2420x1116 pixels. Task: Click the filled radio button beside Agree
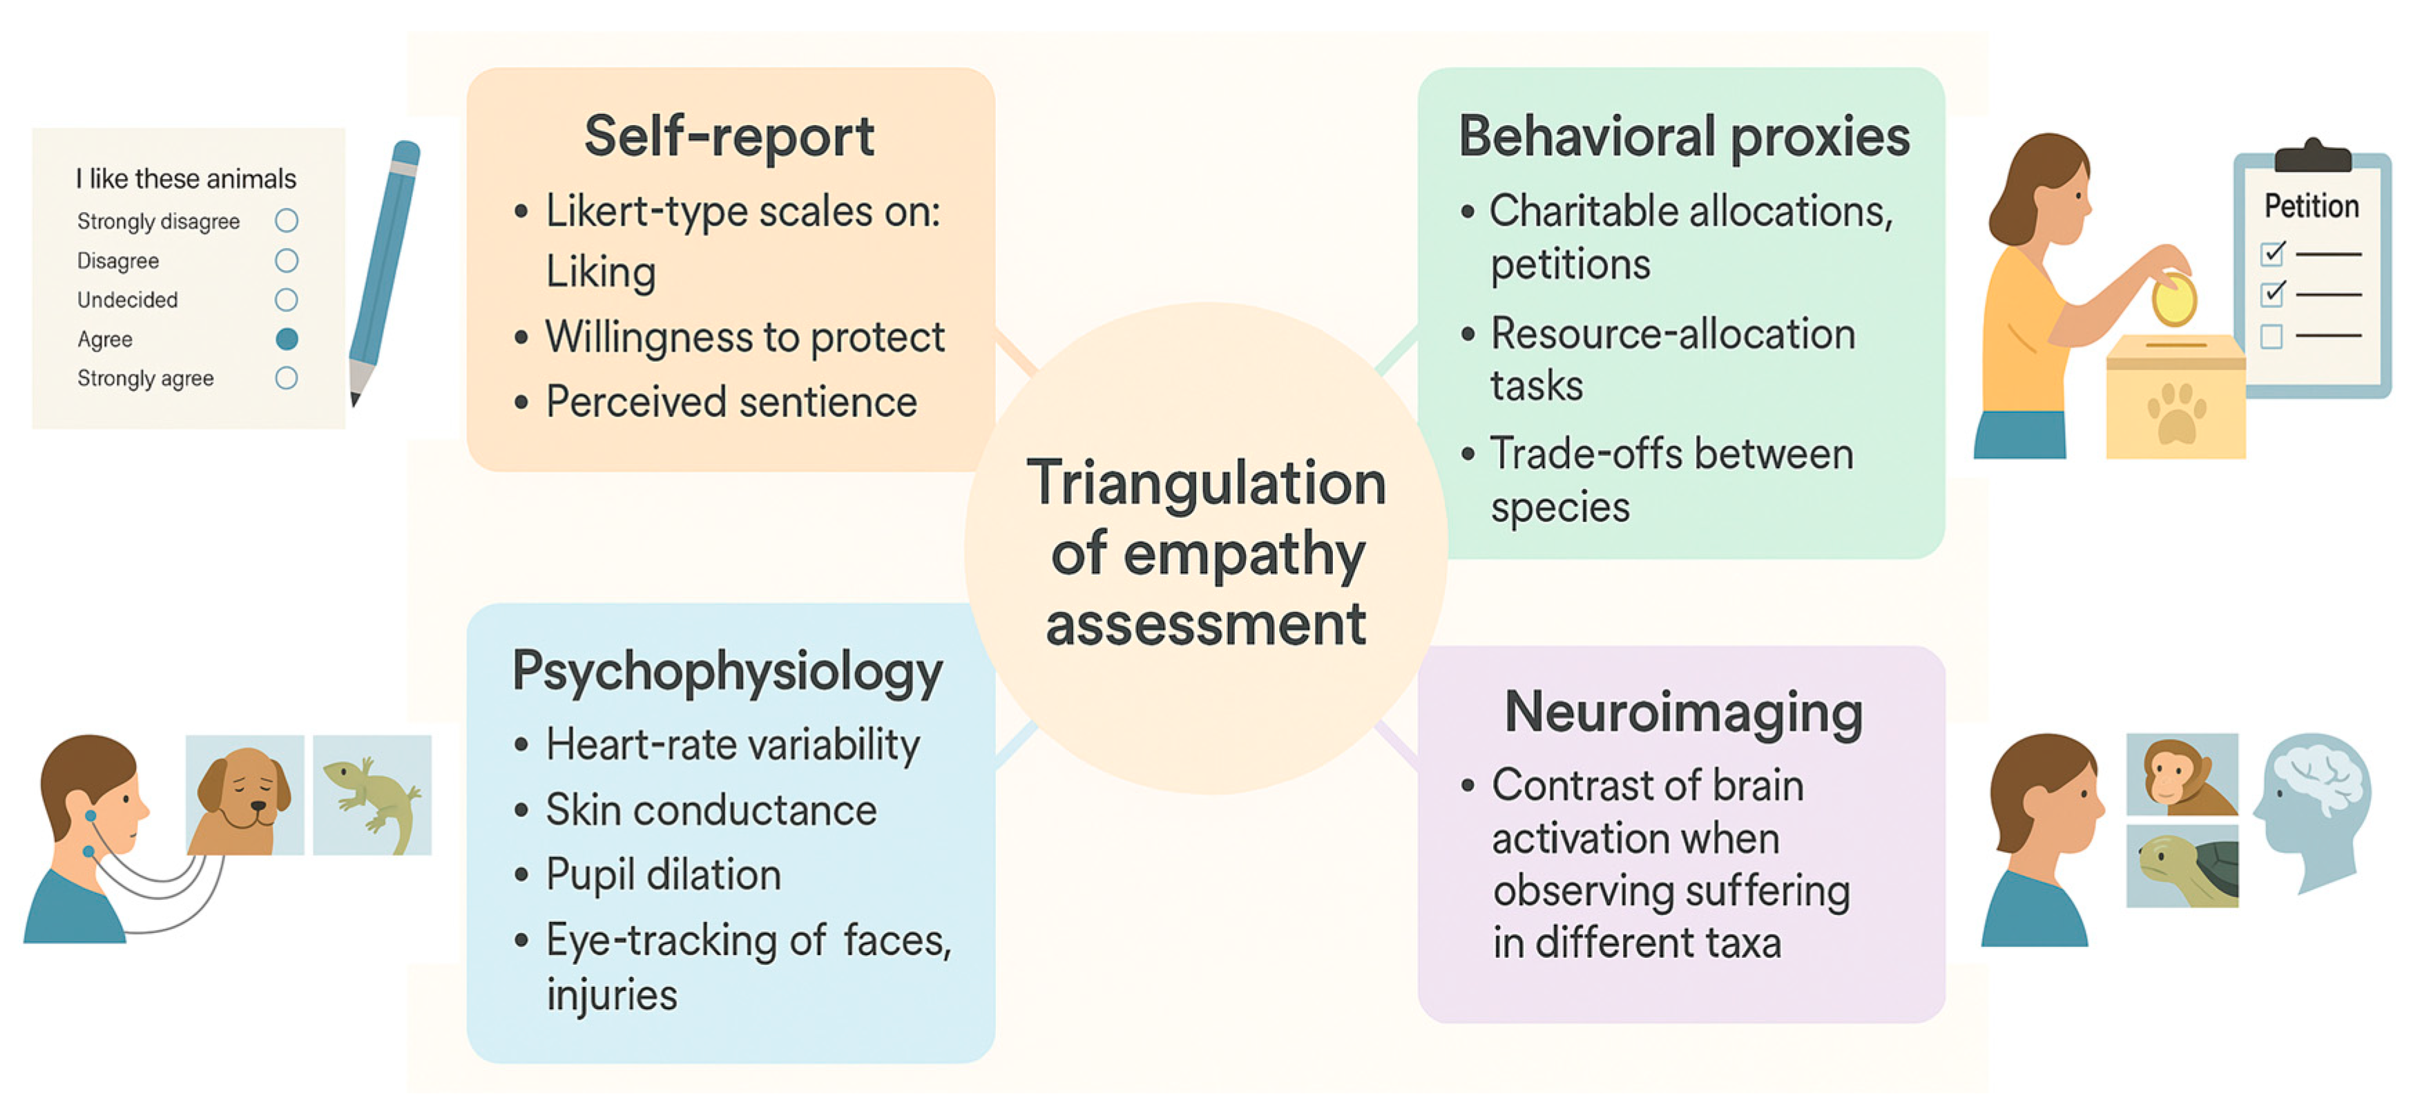[x=287, y=339]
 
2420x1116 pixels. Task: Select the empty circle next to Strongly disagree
[x=287, y=221]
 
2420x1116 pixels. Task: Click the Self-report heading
[x=729, y=136]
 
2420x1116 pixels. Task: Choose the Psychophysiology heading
[x=727, y=673]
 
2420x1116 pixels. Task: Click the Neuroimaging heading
[x=1684, y=712]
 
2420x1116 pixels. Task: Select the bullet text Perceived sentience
[x=731, y=402]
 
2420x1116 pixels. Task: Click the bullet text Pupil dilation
[x=663, y=874]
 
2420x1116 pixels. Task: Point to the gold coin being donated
[x=2173, y=300]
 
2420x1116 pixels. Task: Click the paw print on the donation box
[x=2176, y=414]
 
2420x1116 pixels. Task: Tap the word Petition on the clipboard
[x=2311, y=206]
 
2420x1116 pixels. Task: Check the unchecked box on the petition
[x=2272, y=336]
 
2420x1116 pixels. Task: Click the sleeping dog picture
[x=244, y=795]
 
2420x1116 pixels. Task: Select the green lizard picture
[x=372, y=795]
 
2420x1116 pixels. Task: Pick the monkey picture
[x=2181, y=774]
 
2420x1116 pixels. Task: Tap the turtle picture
[x=2181, y=866]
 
